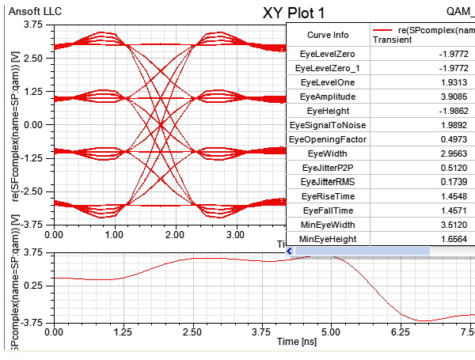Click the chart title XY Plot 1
tap(292, 13)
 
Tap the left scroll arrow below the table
tap(290, 251)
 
